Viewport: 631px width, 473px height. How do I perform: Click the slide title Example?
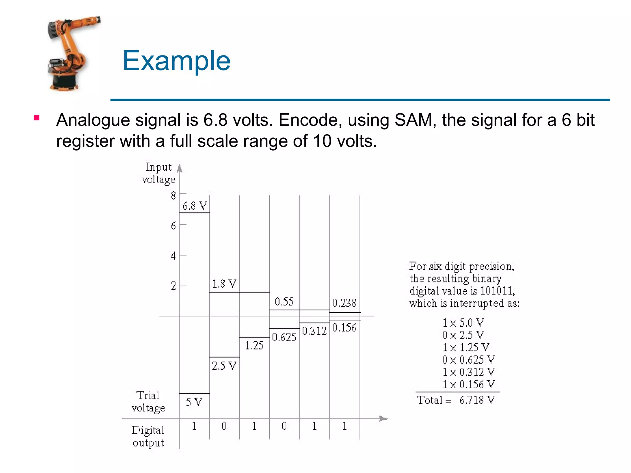tap(176, 61)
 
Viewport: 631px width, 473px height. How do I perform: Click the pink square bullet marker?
tap(37, 118)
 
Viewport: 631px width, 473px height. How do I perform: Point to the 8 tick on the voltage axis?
tap(173, 195)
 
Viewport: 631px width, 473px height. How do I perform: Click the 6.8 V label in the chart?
tap(194, 206)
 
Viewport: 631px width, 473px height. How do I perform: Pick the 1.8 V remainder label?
tap(224, 284)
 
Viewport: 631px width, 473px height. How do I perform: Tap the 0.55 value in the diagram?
tap(284, 301)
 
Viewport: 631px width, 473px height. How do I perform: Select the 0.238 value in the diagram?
tap(344, 303)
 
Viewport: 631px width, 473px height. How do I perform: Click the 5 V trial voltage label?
tap(194, 402)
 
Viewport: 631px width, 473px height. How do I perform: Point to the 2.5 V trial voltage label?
tap(224, 366)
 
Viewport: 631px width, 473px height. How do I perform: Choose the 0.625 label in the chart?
tap(284, 337)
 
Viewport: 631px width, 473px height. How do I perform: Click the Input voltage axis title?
tap(158, 173)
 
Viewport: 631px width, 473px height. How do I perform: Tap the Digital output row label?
tap(148, 436)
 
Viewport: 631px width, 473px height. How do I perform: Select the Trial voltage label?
tap(148, 402)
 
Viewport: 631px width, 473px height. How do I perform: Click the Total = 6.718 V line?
tap(456, 400)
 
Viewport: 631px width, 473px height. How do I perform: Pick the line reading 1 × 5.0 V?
tap(463, 323)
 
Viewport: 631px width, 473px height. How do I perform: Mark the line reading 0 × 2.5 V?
tap(463, 335)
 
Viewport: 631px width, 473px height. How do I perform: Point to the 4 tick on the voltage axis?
tap(173, 256)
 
